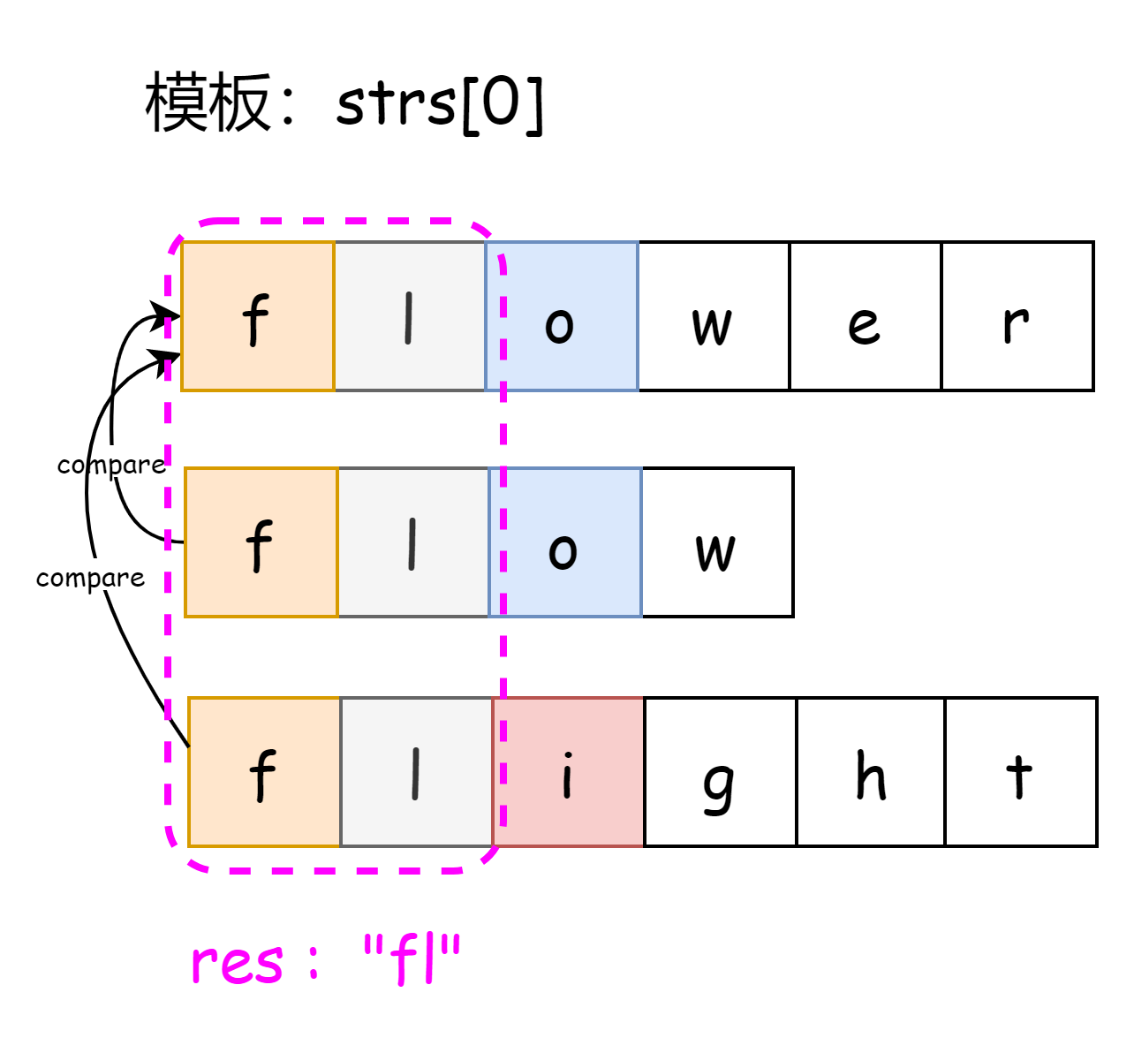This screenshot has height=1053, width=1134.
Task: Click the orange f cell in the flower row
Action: click(258, 316)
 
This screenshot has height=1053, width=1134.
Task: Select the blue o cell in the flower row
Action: click(562, 316)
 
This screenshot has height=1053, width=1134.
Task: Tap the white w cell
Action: click(713, 316)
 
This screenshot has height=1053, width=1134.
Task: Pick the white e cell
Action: click(865, 316)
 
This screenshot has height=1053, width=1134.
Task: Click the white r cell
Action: click(1017, 316)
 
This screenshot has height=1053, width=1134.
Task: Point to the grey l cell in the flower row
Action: click(410, 316)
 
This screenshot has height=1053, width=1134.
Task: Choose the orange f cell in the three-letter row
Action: click(261, 542)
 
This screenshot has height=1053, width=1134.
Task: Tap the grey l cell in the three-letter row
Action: click(413, 542)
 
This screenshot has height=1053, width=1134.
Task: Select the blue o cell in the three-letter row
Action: click(565, 542)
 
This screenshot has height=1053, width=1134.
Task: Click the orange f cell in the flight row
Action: click(264, 772)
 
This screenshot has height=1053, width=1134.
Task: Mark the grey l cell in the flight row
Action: click(416, 772)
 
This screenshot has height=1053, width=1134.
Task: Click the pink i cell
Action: click(568, 772)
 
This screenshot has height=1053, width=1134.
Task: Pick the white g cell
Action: click(720, 772)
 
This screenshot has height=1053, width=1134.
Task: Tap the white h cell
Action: click(870, 772)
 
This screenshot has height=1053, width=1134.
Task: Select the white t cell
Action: click(1020, 772)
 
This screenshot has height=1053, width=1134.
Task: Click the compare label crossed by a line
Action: click(111, 463)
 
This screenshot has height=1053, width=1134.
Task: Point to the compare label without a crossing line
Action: click(90, 575)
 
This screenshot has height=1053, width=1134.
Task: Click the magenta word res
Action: click(238, 963)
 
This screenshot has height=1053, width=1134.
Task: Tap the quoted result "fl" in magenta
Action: click(412, 959)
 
